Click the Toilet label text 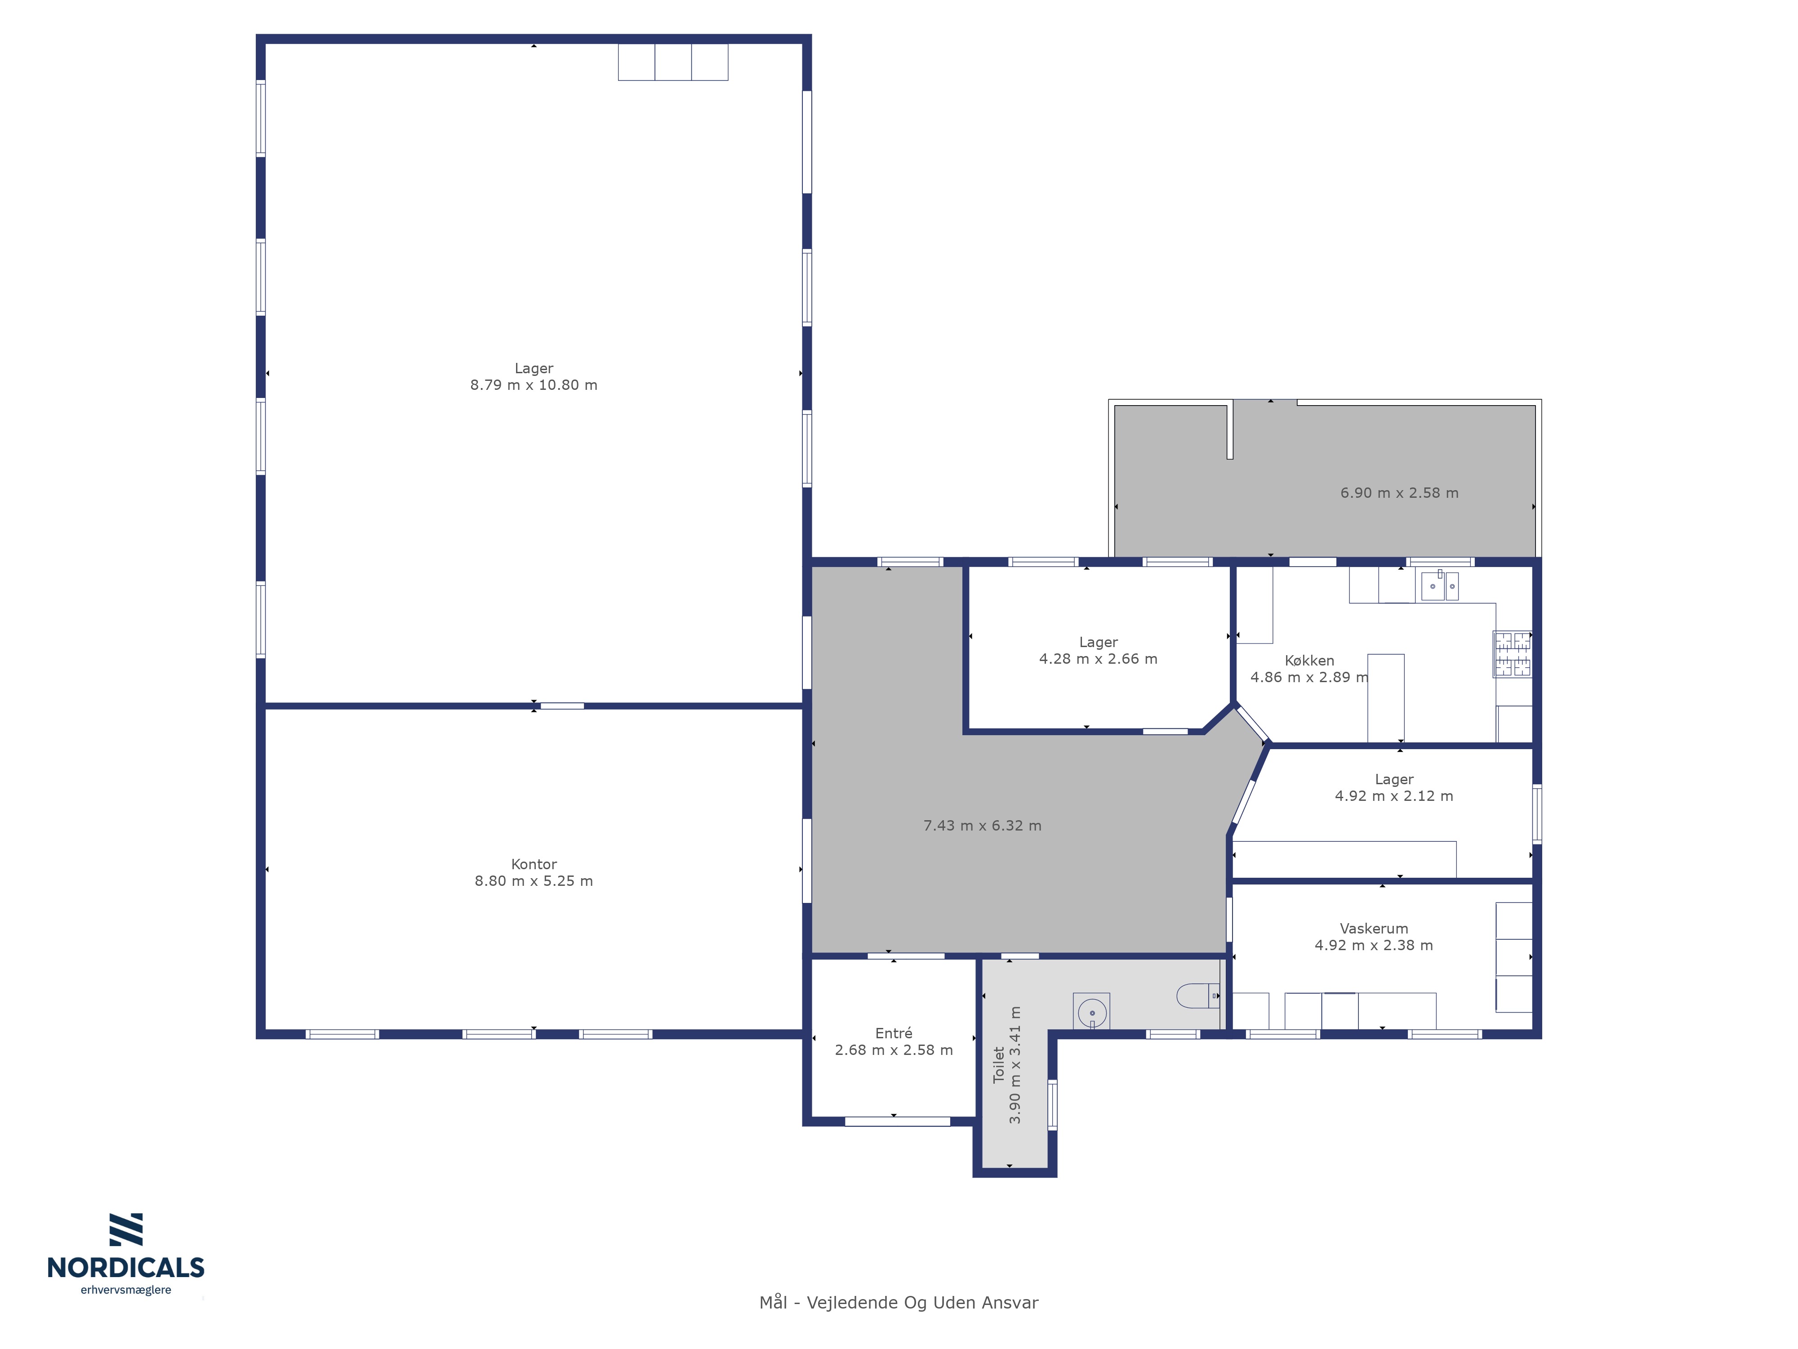[999, 1064]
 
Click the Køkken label [1309, 660]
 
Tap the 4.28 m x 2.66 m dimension [1098, 659]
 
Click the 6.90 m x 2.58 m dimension [1399, 493]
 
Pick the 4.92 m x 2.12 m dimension [1394, 796]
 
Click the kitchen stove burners [1512, 655]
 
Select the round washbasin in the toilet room [1092, 1012]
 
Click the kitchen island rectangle [1386, 698]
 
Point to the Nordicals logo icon [126, 1229]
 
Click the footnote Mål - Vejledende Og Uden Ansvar [899, 1303]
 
